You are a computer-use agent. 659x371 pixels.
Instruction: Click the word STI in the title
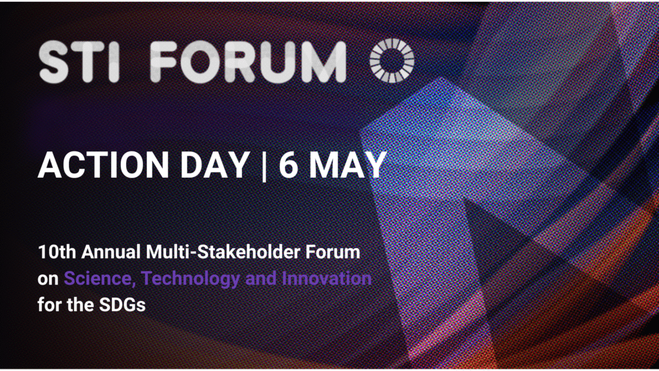[80, 62]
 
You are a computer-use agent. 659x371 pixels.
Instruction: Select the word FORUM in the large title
[248, 62]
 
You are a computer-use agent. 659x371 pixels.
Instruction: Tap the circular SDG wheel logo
[392, 60]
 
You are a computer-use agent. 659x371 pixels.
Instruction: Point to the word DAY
[215, 165]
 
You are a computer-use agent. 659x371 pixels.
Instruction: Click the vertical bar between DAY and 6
[265, 166]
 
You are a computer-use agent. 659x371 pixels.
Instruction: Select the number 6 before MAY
[288, 165]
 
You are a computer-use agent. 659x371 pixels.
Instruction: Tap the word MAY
[348, 165]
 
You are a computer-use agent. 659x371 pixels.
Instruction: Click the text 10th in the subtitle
[57, 252]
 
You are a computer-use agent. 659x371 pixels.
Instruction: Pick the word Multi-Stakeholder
[223, 252]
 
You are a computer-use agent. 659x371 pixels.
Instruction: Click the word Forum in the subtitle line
[333, 252]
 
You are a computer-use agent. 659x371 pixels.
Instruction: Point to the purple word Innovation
[326, 278]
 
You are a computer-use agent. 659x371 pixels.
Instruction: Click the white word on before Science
[48, 280]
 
